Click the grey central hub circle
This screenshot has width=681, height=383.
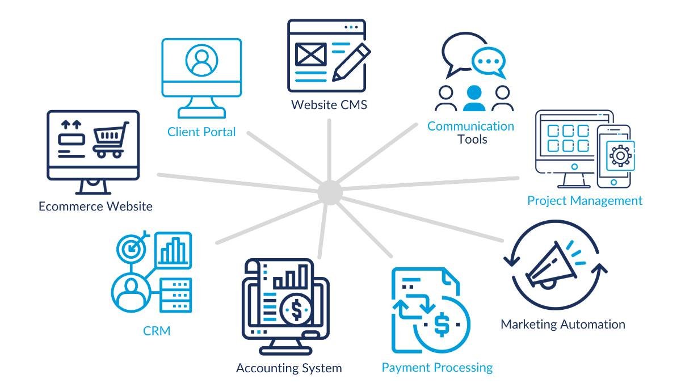330,192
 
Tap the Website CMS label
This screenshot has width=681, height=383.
329,105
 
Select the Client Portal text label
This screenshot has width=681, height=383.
201,132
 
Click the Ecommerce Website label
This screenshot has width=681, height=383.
95,206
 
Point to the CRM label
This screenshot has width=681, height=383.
157,330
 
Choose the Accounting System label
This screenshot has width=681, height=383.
289,368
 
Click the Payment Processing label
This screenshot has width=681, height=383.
437,367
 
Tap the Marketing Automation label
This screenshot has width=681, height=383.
562,324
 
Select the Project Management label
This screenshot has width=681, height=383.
585,200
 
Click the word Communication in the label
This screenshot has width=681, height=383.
470,126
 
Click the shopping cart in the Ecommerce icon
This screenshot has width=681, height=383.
109,140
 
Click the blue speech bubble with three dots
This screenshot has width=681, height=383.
489,62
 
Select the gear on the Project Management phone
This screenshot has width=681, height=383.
620,155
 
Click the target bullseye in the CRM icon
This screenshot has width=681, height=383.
132,247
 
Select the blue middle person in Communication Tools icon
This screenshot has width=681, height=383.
474,99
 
